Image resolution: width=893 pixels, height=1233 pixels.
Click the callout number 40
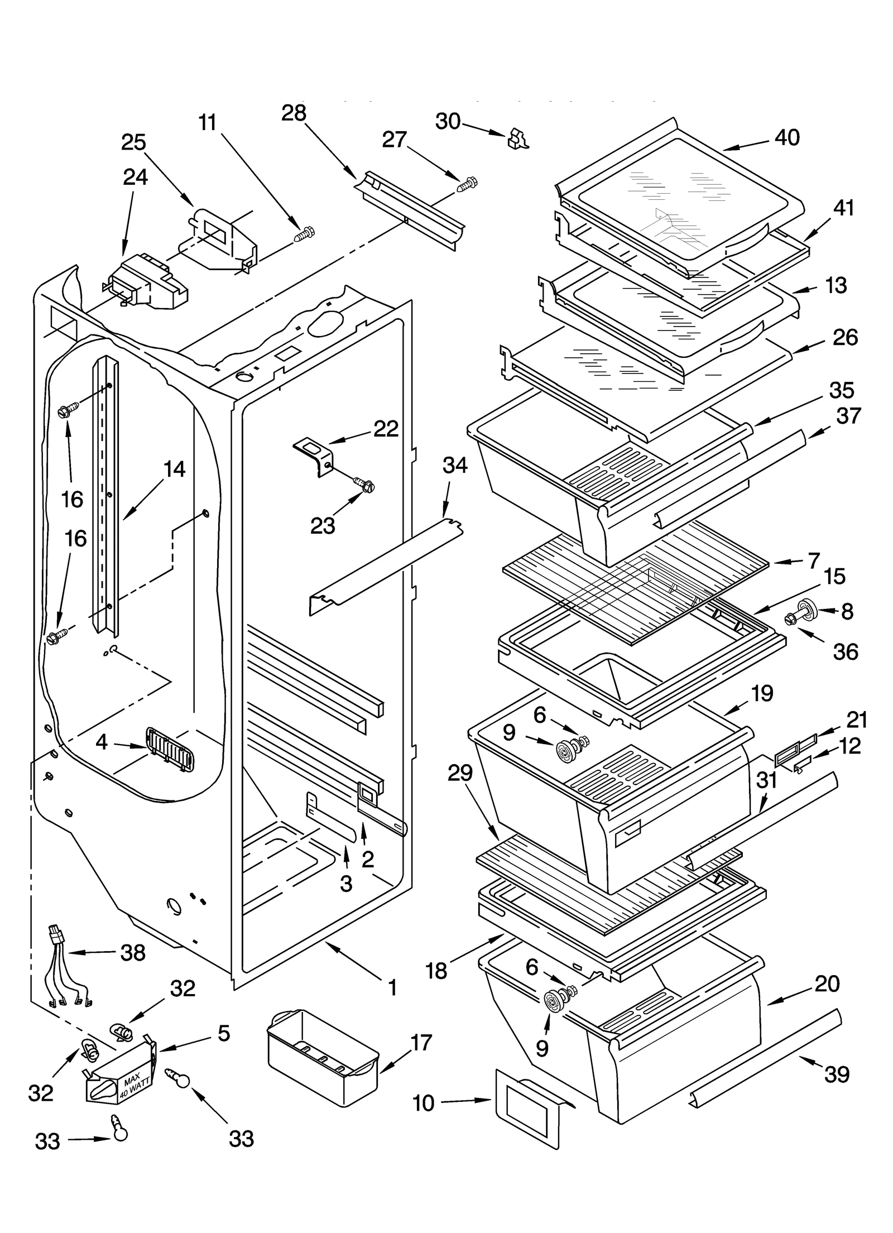pos(787,137)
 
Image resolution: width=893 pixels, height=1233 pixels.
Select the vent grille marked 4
pos(169,749)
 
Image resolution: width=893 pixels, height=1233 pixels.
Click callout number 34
pos(455,465)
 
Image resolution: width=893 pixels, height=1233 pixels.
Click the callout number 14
pos(174,469)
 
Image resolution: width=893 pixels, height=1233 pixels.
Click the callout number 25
pos(133,142)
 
